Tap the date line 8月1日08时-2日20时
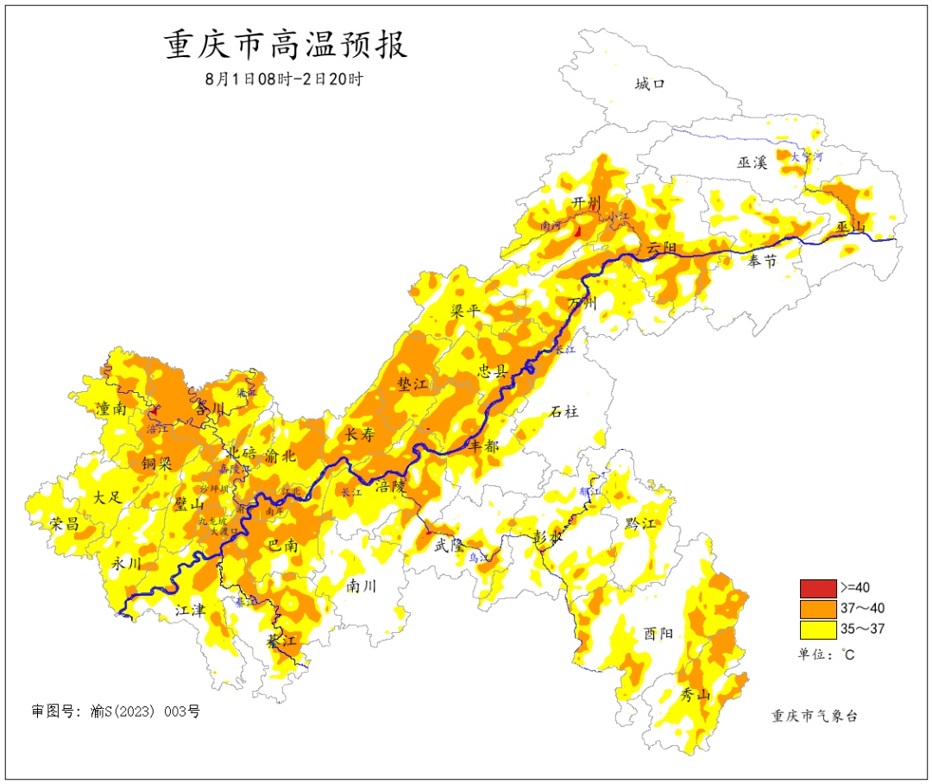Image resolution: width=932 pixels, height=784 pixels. (284, 79)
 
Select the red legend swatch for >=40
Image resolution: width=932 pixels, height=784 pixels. (817, 589)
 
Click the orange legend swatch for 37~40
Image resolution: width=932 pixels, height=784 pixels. (817, 609)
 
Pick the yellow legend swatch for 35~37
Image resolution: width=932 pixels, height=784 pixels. (817, 629)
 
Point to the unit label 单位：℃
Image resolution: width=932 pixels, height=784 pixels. (827, 654)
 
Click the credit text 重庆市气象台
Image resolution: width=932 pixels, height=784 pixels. (815, 716)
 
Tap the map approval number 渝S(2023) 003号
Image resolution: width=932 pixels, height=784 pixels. (116, 712)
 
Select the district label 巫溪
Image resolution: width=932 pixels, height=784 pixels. (752, 161)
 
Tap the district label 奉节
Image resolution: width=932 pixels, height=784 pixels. (762, 262)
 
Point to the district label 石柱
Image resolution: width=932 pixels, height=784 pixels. (564, 412)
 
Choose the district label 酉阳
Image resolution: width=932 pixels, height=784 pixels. (658, 633)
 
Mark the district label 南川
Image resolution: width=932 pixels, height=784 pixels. (362, 586)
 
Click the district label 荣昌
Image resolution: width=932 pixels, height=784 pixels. (64, 524)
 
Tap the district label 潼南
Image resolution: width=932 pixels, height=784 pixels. (114, 408)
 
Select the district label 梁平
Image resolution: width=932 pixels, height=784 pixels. (465, 311)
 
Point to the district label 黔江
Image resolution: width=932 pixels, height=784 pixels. (640, 523)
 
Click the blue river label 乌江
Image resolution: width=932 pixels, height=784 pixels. (479, 559)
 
